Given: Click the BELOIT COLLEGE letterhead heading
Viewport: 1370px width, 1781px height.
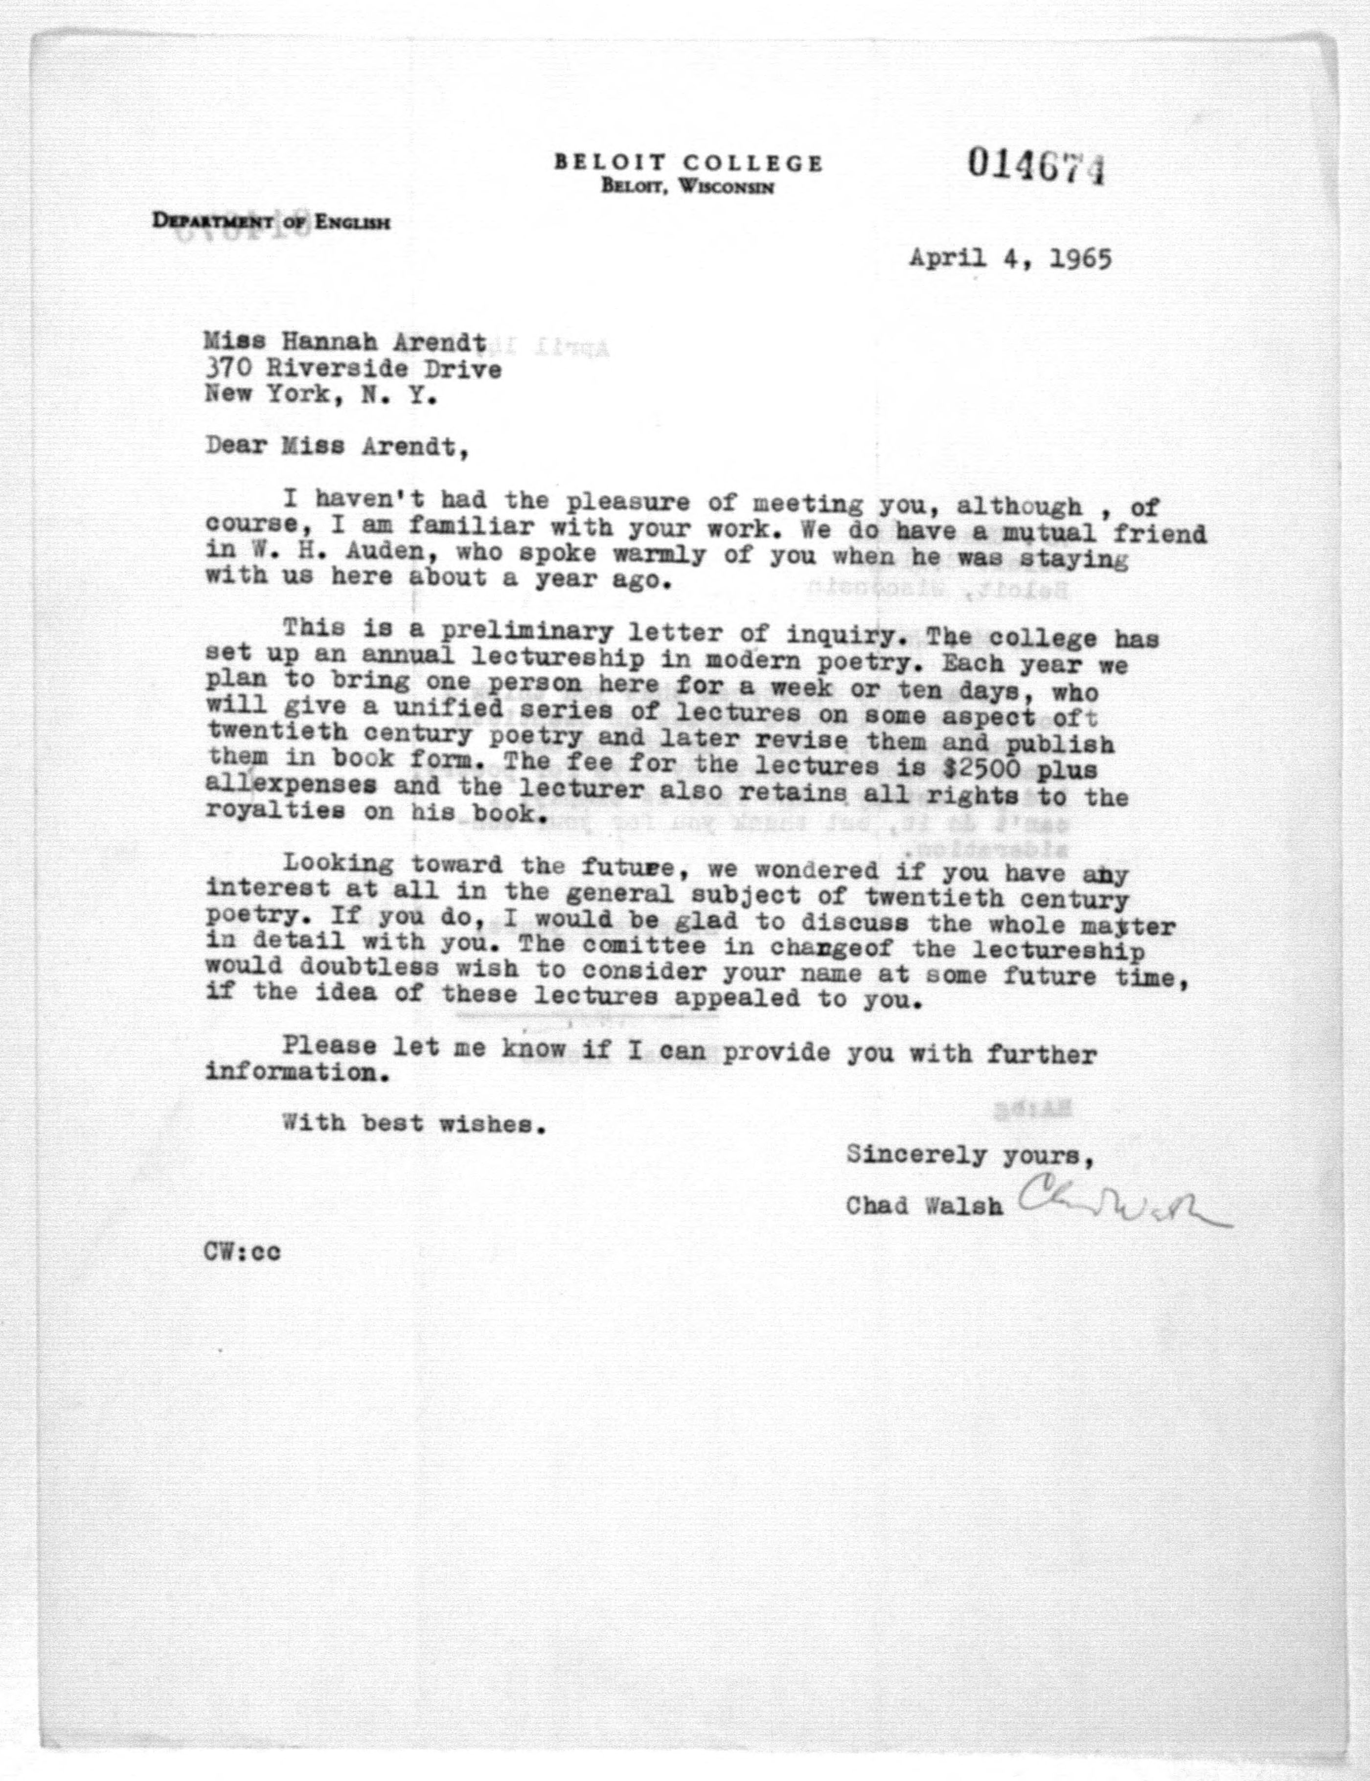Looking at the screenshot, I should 688,162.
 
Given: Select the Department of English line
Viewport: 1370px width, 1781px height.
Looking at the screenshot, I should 270,221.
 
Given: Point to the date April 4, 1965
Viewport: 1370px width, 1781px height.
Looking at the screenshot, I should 1010,259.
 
